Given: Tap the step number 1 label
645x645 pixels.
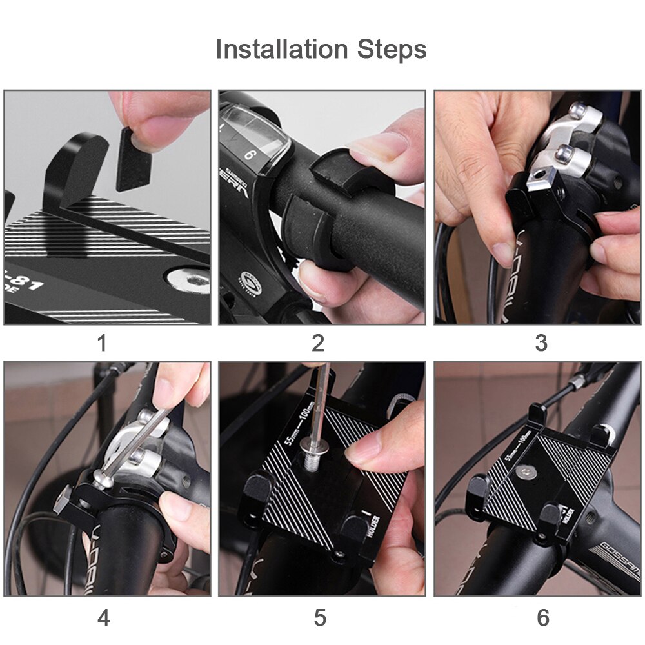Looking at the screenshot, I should [102, 344].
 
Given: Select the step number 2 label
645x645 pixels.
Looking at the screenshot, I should [318, 344].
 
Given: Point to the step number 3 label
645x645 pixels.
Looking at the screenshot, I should [541, 344].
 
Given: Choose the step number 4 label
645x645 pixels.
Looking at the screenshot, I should [103, 617].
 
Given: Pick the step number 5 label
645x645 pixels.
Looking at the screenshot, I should [320, 617].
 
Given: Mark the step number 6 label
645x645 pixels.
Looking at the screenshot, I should [543, 617].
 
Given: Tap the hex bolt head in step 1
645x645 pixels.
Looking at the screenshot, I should [187, 281].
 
